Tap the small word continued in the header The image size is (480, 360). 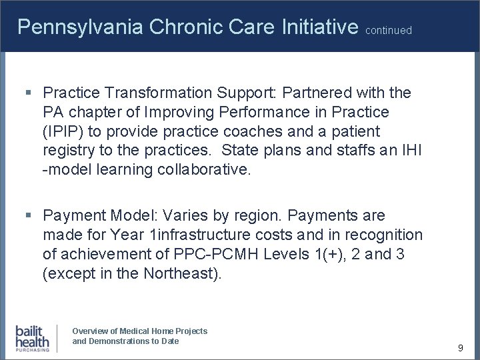coord(389,30)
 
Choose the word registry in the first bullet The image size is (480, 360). coord(67,149)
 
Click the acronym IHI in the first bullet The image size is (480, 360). coord(409,149)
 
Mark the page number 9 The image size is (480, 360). coord(460,347)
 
